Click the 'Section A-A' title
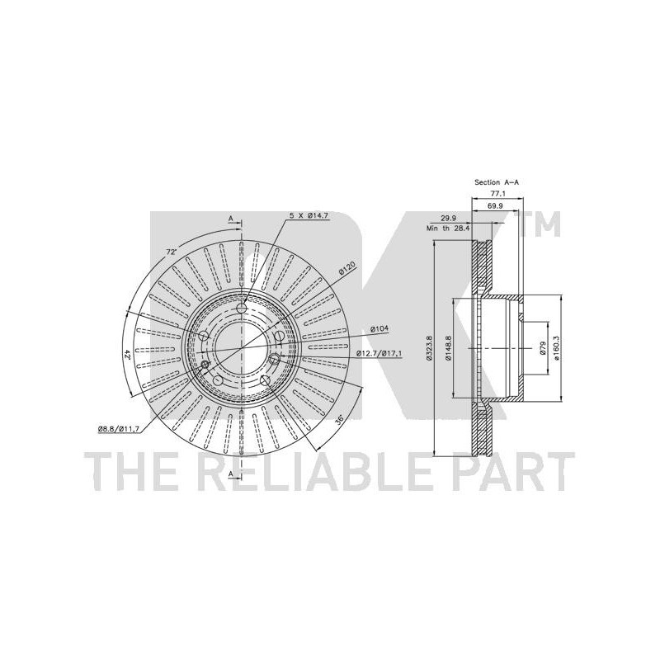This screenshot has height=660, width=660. pos(497,182)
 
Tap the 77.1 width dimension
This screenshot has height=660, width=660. pos(498,194)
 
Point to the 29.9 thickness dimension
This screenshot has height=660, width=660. pos(447,219)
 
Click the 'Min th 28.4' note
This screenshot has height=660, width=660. pos(448,229)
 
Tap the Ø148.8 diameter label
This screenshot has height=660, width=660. pos(448,348)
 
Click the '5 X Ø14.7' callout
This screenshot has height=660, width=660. pos(309,215)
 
